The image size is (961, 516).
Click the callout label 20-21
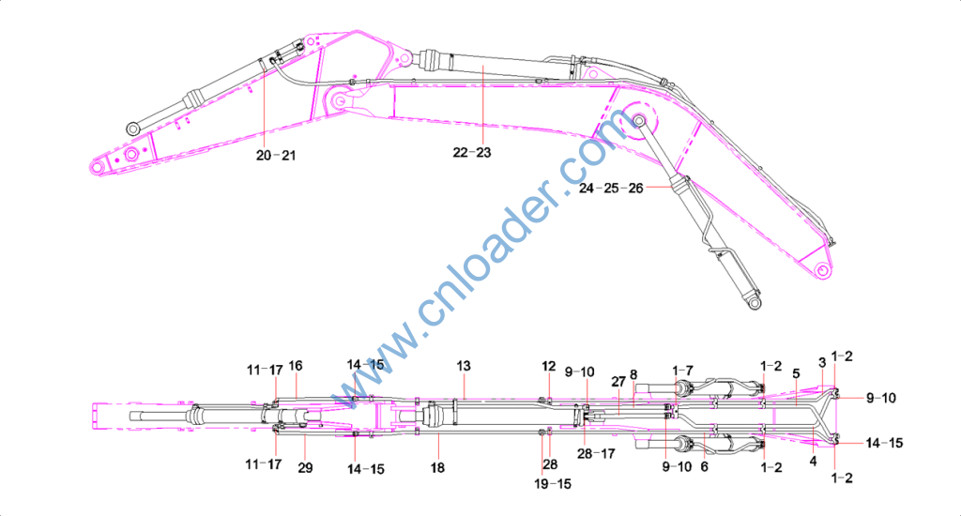tap(276, 156)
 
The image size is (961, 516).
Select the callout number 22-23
tap(472, 153)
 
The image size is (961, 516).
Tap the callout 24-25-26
tap(611, 189)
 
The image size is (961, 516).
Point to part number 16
tap(296, 366)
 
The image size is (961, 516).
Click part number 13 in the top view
tap(464, 366)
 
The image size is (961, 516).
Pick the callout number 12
tap(548, 367)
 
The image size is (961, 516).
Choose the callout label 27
tap(618, 381)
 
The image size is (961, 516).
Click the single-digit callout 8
tap(633, 374)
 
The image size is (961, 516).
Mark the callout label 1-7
tap(683, 371)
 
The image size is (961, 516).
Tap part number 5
tap(796, 373)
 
